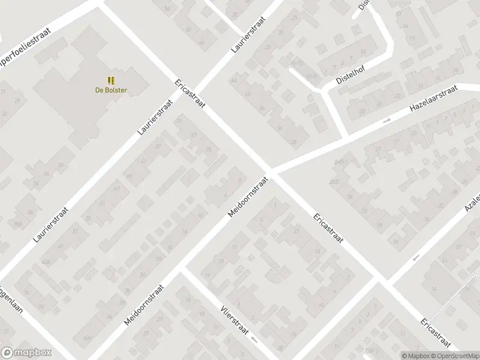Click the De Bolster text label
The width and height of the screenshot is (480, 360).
(x=112, y=91)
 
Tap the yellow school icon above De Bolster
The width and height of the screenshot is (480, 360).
(x=111, y=80)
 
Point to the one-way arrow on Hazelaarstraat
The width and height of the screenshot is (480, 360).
(x=386, y=121)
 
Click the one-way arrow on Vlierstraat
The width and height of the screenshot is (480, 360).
(x=254, y=340)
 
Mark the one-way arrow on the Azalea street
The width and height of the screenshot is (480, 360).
(x=415, y=258)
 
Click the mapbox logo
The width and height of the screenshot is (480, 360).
(x=26, y=353)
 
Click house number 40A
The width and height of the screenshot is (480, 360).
(x=88, y=339)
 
